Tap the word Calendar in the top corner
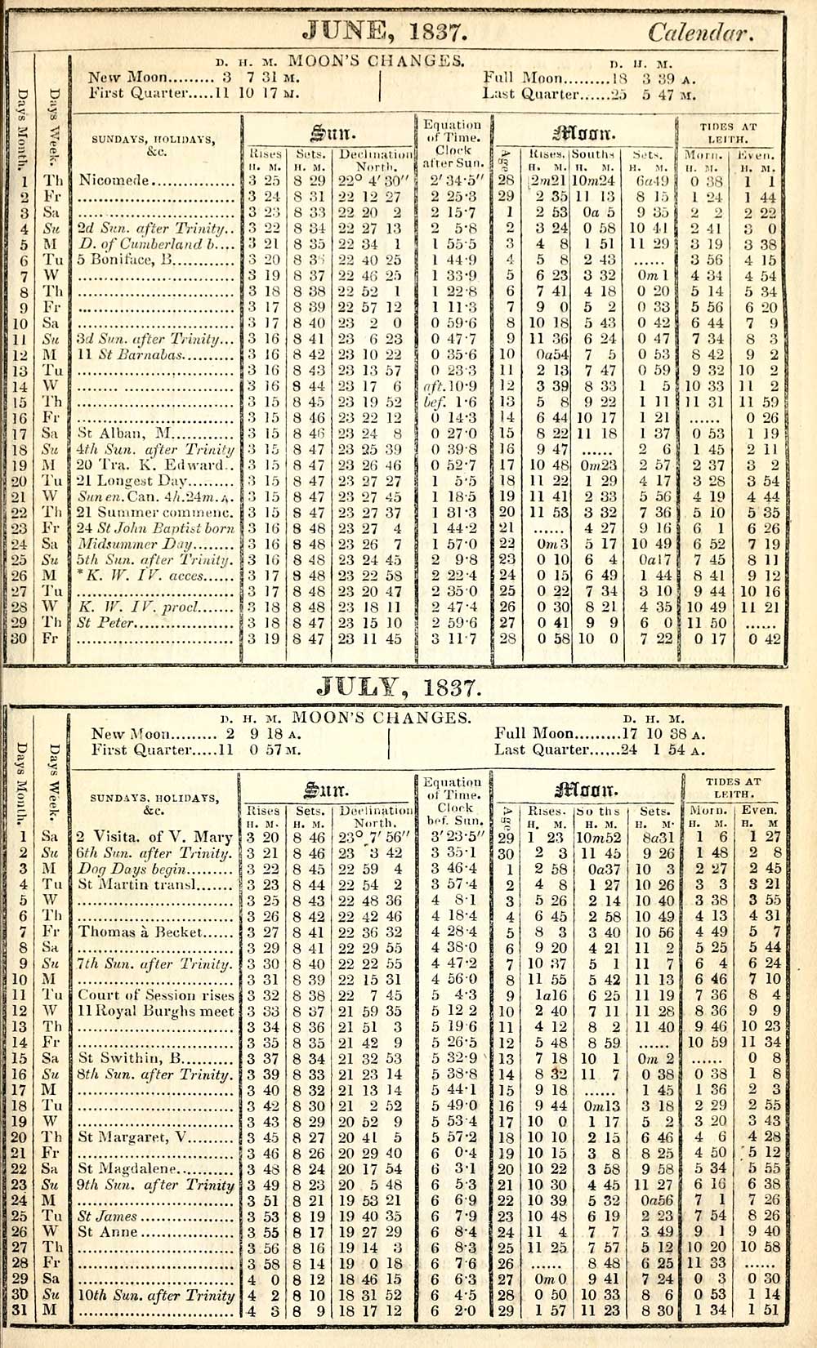pos(699,33)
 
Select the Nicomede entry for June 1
pos(114,180)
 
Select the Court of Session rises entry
pos(156,995)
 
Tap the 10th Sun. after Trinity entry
pos(156,1295)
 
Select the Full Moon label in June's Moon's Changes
pos(523,79)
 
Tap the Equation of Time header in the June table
pos(453,137)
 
